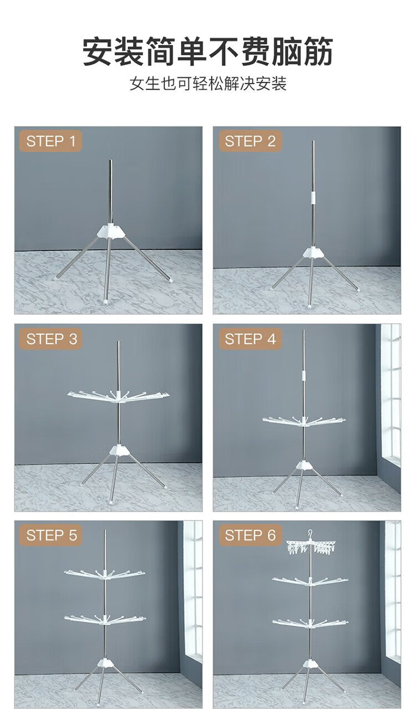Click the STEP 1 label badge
tap(50, 141)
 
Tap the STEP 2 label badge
tap(250, 141)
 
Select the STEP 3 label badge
tap(50, 339)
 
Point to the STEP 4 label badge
tap(250, 339)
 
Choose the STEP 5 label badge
tap(50, 535)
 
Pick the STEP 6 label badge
tap(250, 535)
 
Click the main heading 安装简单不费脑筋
tap(208, 51)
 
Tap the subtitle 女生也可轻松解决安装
tap(208, 84)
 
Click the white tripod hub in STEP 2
tap(313, 252)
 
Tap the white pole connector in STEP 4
tap(303, 375)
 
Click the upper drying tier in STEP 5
tap(105, 574)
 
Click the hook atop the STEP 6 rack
tap(310, 533)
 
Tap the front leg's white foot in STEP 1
tap(105, 301)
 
